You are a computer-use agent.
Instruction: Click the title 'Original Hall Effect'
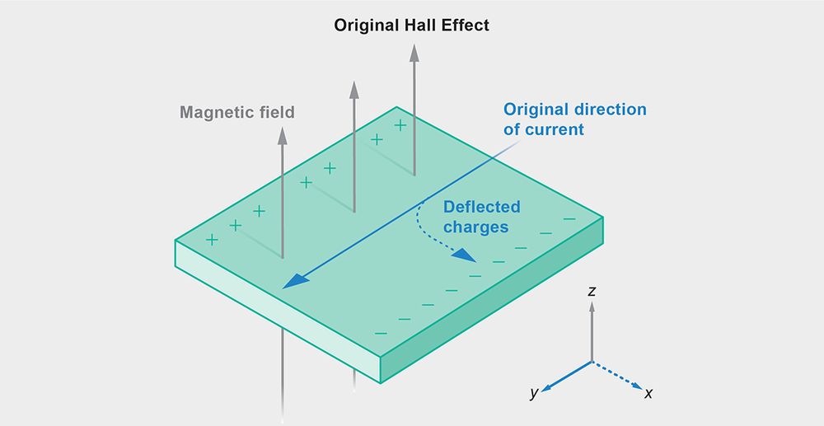(411, 25)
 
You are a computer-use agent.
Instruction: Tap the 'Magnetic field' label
(237, 112)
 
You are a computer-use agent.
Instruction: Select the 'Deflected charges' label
(482, 217)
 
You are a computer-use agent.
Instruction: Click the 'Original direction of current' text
(575, 119)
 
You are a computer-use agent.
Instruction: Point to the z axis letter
(592, 291)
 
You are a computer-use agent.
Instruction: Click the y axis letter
(534, 394)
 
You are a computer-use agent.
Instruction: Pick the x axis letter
(648, 394)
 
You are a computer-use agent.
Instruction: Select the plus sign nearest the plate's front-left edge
(212, 240)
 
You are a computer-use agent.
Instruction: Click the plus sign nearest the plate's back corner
(400, 125)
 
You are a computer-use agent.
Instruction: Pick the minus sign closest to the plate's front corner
(380, 333)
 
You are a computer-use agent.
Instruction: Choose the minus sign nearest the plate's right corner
(569, 218)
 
